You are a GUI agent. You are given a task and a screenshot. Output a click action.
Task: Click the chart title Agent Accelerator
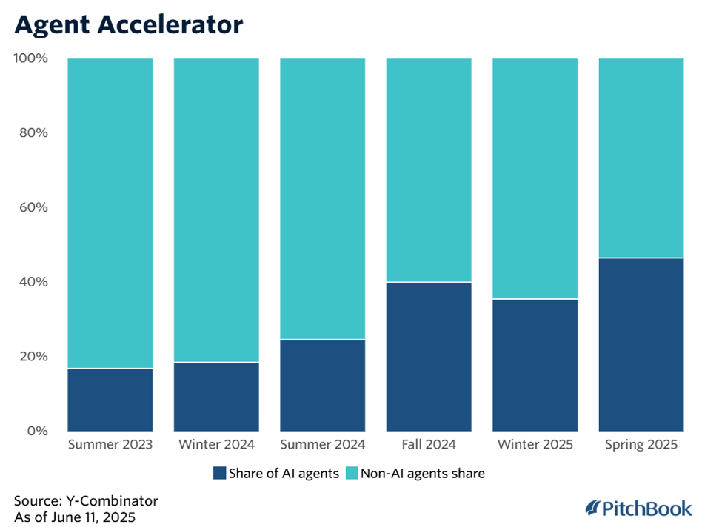pos(128,25)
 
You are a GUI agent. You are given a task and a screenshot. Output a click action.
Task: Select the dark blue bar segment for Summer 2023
pos(110,399)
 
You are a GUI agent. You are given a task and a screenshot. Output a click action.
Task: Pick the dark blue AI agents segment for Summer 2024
pos(322,385)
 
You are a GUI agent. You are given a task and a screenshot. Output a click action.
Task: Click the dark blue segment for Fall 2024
pos(429,356)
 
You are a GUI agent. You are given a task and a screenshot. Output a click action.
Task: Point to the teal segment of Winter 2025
pos(535,178)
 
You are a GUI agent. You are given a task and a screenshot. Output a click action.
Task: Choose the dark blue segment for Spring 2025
pos(641,344)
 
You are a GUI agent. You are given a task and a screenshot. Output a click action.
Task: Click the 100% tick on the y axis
pos(31,58)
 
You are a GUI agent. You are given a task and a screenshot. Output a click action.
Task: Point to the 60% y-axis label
pos(33,207)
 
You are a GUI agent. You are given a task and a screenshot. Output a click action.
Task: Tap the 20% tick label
pos(33,356)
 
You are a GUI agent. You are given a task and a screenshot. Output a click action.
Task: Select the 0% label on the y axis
pos(36,431)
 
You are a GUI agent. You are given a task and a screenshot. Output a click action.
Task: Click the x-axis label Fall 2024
pos(429,445)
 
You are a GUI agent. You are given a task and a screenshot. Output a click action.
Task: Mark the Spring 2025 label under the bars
pos(641,445)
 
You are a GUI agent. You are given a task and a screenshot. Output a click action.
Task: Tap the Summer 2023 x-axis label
pos(110,445)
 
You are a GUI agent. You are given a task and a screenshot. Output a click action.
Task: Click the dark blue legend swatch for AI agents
pos(218,473)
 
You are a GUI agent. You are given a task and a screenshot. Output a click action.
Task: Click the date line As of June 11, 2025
pos(75,516)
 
